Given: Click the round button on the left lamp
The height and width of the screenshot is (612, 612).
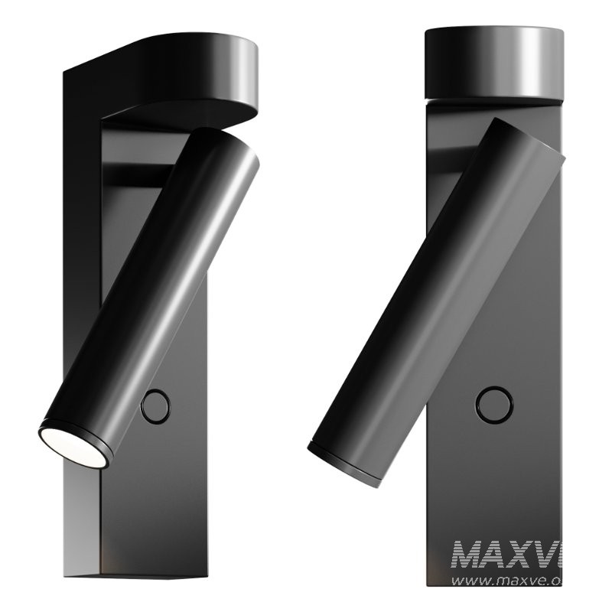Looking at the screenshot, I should (156, 406).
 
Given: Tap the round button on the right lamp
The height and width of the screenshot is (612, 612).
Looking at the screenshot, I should (494, 402).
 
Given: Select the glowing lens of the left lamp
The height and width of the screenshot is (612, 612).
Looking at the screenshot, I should (73, 447).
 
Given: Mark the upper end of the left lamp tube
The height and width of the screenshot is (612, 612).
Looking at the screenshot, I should (226, 149).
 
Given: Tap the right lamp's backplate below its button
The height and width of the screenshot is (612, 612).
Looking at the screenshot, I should (497, 490).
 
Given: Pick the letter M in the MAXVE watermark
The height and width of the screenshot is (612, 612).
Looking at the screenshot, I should (468, 555).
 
